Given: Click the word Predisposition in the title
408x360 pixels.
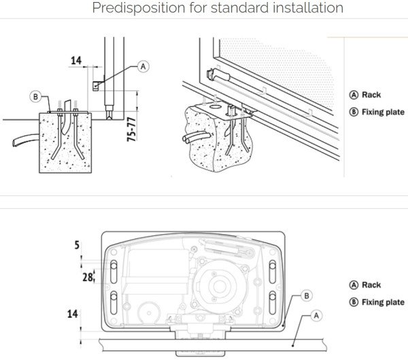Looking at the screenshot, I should [139, 9].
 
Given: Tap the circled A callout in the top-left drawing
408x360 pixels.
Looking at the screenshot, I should [142, 66].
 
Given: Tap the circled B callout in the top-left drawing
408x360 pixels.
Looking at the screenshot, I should [35, 97].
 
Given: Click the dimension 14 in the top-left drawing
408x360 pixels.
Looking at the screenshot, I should [75, 61].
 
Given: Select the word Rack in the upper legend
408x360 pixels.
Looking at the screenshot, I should [371, 95].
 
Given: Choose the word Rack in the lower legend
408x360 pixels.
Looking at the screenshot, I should [371, 285].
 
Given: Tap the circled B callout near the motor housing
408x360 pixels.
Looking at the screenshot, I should [307, 295].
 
